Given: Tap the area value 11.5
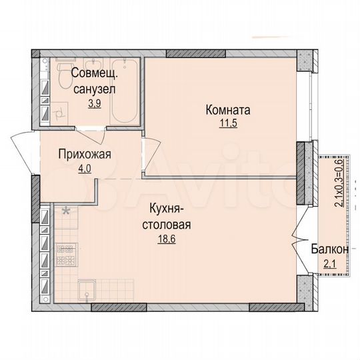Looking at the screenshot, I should [227, 123].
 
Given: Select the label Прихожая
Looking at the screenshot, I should [85, 155].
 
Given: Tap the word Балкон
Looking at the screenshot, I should [329, 249].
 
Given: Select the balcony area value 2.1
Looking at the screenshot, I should [329, 262].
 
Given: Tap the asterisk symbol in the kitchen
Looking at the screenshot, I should [65, 212].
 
